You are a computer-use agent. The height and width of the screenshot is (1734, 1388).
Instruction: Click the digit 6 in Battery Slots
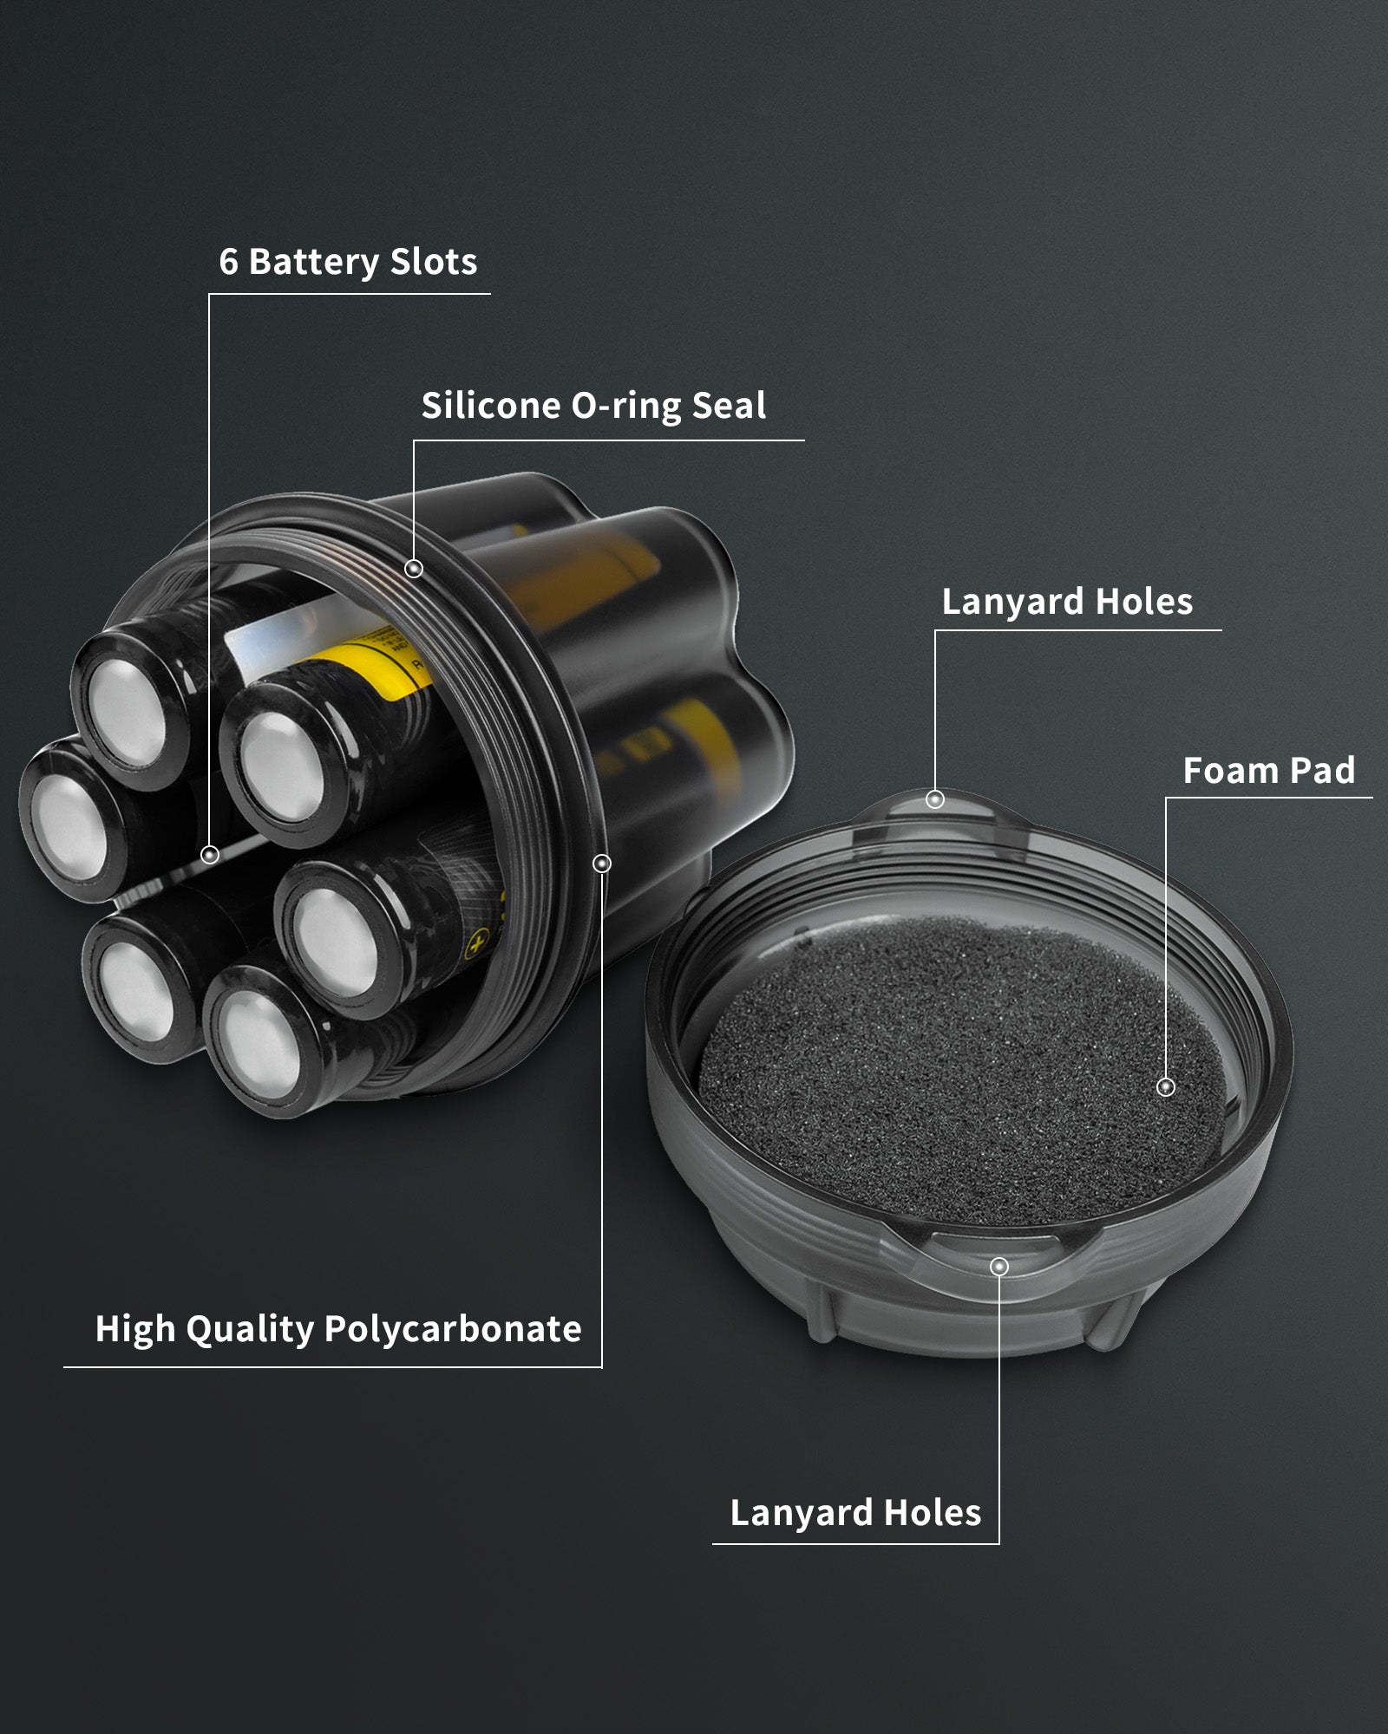click(228, 262)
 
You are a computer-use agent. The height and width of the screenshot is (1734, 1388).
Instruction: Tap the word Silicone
click(491, 406)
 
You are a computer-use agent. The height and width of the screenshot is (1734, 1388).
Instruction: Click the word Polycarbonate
click(453, 1329)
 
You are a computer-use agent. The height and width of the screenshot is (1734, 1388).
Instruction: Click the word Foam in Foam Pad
click(1230, 771)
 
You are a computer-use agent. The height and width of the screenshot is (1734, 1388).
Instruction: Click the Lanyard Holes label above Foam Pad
click(1067, 603)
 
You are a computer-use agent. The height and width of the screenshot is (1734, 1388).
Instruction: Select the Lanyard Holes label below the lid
click(855, 1514)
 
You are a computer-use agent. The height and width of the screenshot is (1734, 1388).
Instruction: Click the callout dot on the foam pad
click(1166, 1086)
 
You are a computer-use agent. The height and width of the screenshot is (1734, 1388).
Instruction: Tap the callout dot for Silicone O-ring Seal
click(414, 569)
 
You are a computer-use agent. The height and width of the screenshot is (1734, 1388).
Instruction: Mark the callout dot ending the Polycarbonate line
click(601, 864)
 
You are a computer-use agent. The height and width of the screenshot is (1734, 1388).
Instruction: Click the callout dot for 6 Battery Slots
click(209, 855)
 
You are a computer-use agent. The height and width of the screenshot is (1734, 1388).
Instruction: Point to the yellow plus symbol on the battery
click(475, 943)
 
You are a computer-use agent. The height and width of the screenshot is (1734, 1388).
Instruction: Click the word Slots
click(434, 262)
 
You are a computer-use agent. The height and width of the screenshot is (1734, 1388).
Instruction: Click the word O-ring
click(625, 406)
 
